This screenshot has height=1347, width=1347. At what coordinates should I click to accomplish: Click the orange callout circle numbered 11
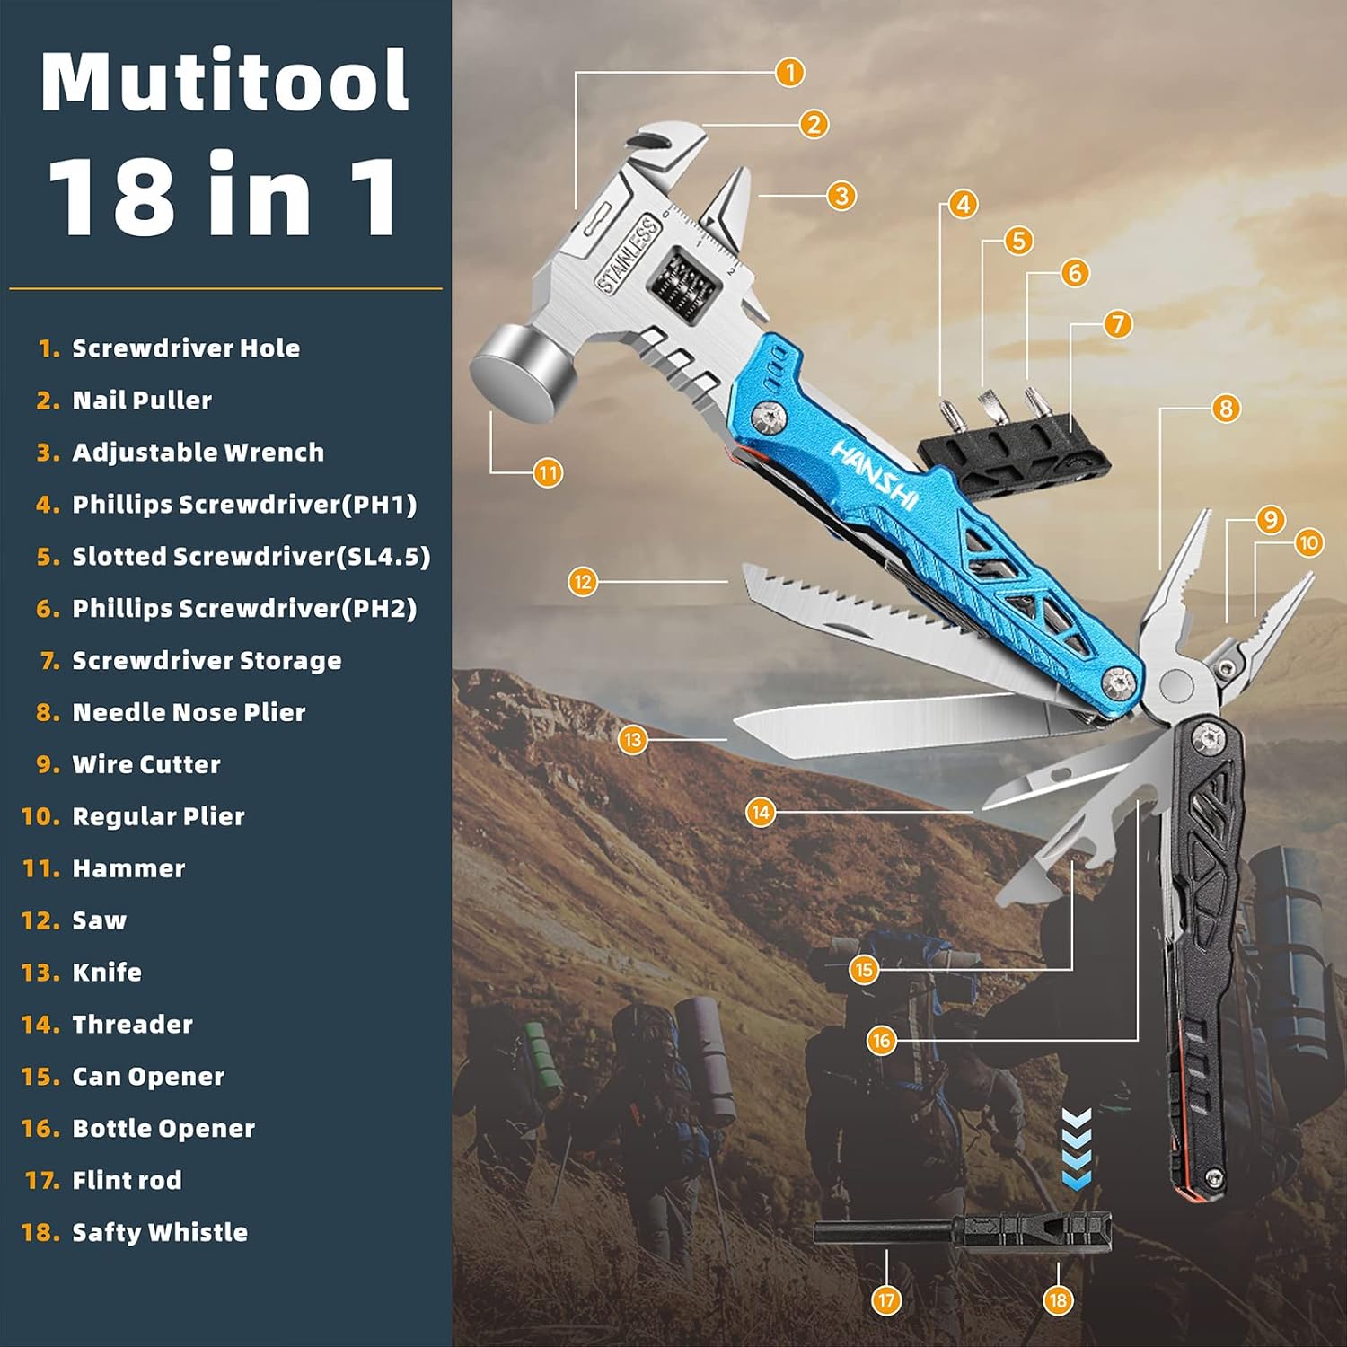pyautogui.click(x=548, y=472)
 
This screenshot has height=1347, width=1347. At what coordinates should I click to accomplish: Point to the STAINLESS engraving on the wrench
pyautogui.click(x=629, y=255)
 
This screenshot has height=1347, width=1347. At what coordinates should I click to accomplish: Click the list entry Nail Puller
pyautogui.click(x=142, y=401)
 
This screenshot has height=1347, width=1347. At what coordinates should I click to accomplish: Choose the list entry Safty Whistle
pyautogui.click(x=159, y=1232)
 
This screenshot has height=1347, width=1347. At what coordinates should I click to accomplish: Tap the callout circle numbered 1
pyautogui.click(x=789, y=72)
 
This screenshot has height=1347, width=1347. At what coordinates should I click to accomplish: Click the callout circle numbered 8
pyautogui.click(x=1226, y=409)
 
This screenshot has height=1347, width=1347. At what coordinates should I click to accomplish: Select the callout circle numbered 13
pyautogui.click(x=633, y=740)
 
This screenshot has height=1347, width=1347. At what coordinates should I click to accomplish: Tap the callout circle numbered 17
pyautogui.click(x=886, y=1300)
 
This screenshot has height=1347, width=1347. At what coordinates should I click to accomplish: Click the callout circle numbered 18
pyautogui.click(x=1058, y=1300)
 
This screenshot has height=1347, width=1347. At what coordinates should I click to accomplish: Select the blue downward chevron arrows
pyautogui.click(x=1077, y=1149)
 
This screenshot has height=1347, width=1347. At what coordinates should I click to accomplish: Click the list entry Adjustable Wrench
pyautogui.click(x=198, y=453)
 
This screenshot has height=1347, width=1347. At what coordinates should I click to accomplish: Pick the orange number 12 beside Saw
pyautogui.click(x=40, y=920)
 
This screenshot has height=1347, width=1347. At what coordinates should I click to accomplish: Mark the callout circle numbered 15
pyautogui.click(x=864, y=970)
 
